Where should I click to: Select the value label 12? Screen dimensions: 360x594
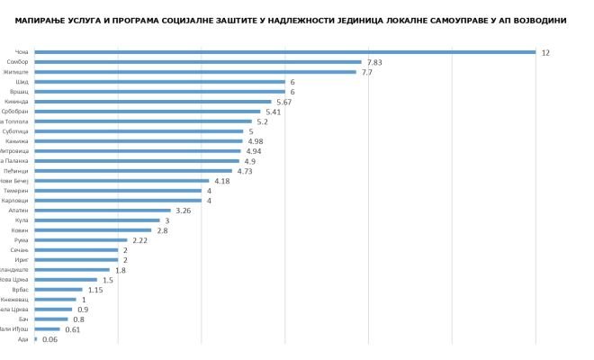(x=545, y=52)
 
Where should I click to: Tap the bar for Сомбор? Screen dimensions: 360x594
(x=198, y=62)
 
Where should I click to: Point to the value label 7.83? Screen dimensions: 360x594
(x=374, y=62)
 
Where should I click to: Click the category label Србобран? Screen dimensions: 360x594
(x=18, y=112)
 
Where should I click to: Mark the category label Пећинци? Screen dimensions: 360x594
(x=19, y=171)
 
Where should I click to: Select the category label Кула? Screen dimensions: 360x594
(x=23, y=220)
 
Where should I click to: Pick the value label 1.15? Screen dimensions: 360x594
(x=96, y=290)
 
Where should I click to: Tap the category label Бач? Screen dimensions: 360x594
(x=24, y=319)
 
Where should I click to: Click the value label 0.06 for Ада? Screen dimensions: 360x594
(x=50, y=339)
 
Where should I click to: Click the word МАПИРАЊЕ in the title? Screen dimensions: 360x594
(x=43, y=20)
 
